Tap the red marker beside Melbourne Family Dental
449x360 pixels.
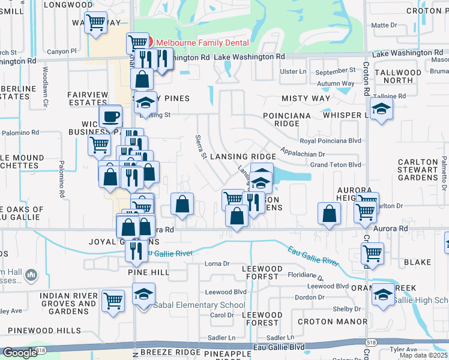[150, 42]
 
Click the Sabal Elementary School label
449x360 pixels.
[199, 305]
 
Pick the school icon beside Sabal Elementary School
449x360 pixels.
[143, 295]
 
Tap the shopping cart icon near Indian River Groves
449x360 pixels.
[113, 301]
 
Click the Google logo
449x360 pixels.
[19, 353]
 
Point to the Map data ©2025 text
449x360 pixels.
[423, 355]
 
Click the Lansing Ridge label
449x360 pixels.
[242, 156]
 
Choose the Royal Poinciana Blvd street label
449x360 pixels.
[330, 141]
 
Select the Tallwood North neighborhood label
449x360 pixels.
[398, 76]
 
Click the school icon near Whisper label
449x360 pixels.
[381, 109]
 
